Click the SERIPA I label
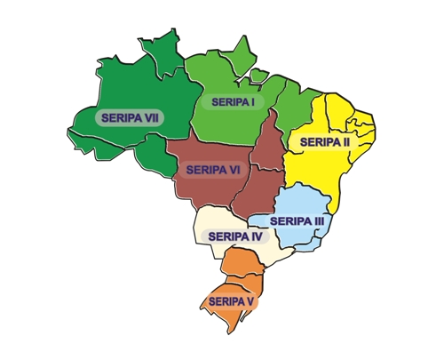229,102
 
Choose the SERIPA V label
228,301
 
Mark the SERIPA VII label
131,116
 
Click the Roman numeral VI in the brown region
235,168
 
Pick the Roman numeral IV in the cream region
256,236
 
